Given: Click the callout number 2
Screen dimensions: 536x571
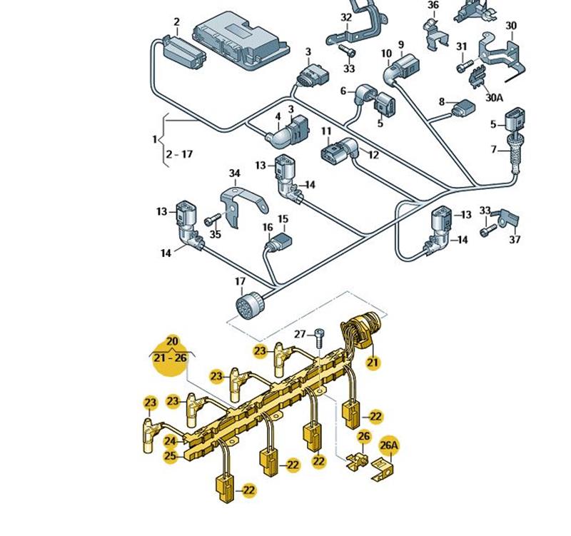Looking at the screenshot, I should tap(176, 22).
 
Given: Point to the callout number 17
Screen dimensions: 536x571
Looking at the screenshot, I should tap(240, 282).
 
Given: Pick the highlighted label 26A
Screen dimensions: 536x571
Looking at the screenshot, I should tap(389, 446).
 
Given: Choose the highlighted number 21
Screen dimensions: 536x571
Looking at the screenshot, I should tap(373, 363).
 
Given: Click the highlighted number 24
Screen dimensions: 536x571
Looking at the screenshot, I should tap(170, 442).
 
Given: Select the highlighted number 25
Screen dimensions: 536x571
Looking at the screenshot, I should tap(170, 456).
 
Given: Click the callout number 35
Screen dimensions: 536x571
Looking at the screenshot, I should tap(215, 233).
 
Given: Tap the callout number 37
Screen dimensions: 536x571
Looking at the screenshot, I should tap(515, 239).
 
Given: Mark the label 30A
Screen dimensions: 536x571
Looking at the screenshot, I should tap(493, 96).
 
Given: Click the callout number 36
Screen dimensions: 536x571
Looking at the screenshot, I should tap(433, 5).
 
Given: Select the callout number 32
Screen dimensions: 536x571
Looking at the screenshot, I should tap(346, 16).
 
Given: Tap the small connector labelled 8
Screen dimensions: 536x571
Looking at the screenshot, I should tap(464, 108).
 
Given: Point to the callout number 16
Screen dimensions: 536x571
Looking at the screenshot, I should tap(268, 228).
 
